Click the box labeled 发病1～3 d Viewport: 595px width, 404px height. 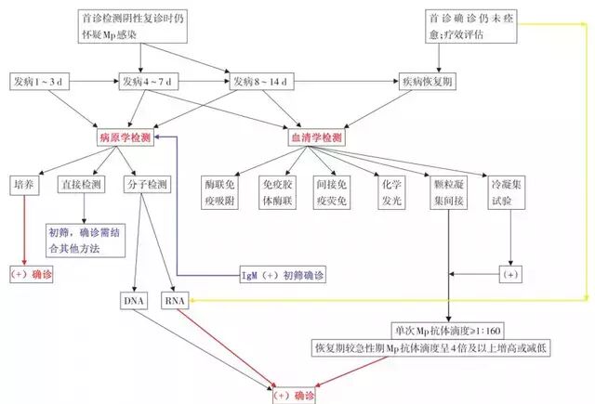(x=37, y=83)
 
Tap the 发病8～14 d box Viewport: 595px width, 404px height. (x=262, y=83)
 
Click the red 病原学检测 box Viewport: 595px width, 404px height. (x=126, y=137)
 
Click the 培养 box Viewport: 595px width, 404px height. (x=24, y=185)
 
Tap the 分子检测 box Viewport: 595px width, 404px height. (x=147, y=185)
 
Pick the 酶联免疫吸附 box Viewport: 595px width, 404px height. (x=223, y=192)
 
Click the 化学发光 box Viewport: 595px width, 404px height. (x=389, y=192)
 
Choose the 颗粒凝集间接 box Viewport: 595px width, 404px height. (x=448, y=192)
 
